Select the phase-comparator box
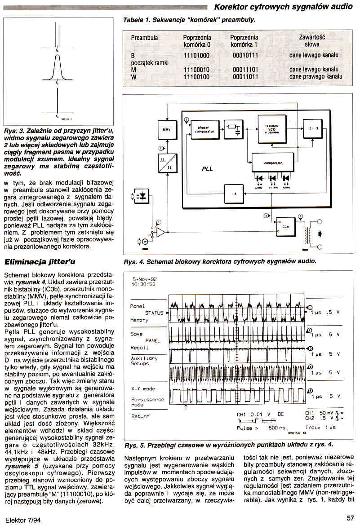(x=204, y=129)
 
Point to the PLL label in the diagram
(x=207, y=169)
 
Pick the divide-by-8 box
(x=234, y=194)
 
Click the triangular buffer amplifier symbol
(x=160, y=232)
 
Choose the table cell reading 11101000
(x=196, y=55)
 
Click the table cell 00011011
(x=245, y=77)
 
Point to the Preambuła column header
(x=144, y=38)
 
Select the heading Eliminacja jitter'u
(x=40, y=261)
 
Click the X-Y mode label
(x=142, y=389)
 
